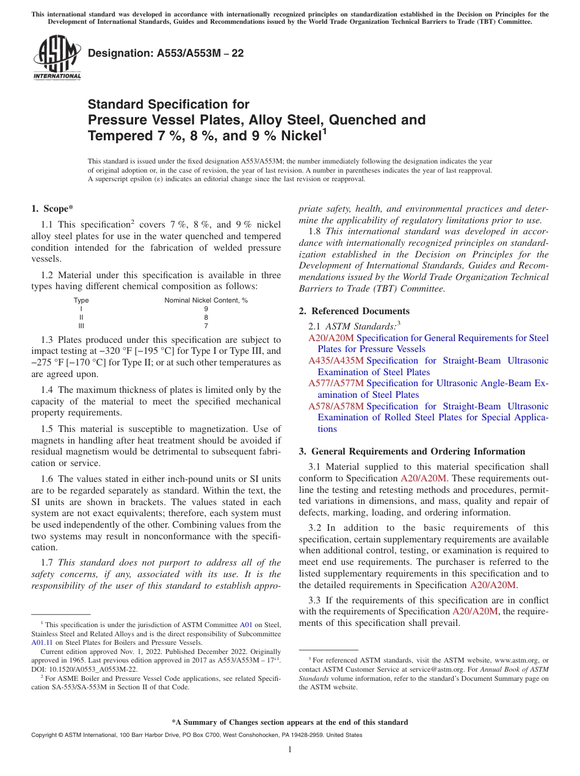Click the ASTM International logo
57,57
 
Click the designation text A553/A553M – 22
165,53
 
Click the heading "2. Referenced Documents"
354,311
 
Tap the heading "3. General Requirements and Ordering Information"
412,451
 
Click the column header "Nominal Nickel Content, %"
206,300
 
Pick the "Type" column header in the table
81,300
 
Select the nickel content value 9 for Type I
206,309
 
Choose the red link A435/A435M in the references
336,361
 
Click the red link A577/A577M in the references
336,383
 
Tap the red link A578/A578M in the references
336,406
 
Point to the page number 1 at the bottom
290,750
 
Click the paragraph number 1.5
48,429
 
